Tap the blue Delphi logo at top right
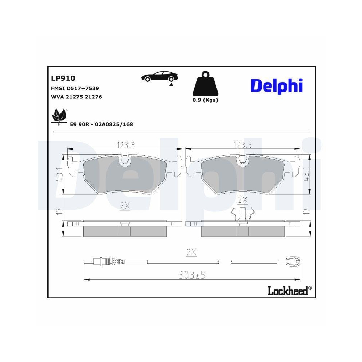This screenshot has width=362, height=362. pos(276,86)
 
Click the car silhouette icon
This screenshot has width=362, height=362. pos(160,77)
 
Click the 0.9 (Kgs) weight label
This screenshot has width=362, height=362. pos(205,100)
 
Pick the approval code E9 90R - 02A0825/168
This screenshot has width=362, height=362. pos(101,124)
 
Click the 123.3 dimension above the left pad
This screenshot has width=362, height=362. pos(126,145)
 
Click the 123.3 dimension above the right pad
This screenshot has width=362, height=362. pos(242,145)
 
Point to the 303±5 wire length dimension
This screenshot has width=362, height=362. pos(192,275)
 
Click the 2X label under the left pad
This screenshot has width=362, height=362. pos(125,206)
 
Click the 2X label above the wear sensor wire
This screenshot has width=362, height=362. pos(191,253)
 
